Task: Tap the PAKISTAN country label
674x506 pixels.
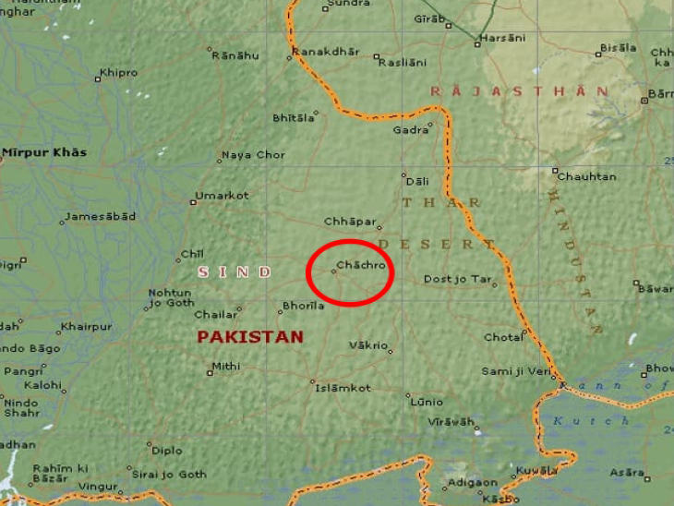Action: tap(250, 337)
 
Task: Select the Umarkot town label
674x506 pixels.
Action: tap(223, 196)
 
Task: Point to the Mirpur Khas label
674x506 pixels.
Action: tap(44, 152)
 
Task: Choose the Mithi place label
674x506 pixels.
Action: tap(227, 367)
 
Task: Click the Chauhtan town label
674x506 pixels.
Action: tap(588, 176)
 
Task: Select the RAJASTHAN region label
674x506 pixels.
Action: tap(520, 91)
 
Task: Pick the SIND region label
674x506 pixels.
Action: tap(235, 272)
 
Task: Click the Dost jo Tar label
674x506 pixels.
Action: tap(456, 279)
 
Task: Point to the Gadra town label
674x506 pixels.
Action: tap(411, 130)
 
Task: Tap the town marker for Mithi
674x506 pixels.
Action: tap(210, 372)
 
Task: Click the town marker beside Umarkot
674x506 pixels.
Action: tap(193, 201)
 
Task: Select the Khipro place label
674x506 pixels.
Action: tap(119, 73)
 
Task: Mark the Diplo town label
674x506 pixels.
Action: tap(167, 451)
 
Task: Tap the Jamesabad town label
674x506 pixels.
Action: tap(101, 216)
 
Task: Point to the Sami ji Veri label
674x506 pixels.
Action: tap(515, 371)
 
